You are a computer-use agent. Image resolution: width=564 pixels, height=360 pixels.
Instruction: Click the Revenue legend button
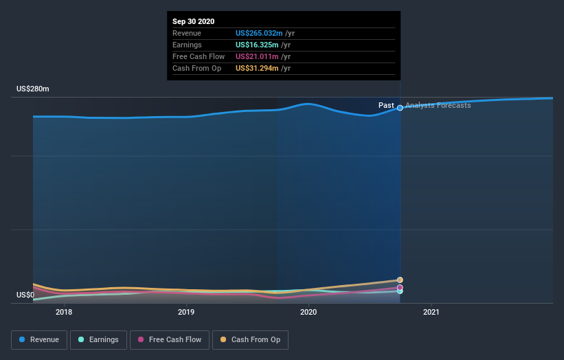click(40, 339)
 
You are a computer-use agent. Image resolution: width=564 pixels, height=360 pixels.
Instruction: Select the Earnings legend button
click(99, 339)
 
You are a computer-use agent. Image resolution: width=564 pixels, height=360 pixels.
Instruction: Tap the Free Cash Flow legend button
click(169, 339)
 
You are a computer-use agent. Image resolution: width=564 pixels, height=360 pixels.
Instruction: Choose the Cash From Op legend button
click(251, 339)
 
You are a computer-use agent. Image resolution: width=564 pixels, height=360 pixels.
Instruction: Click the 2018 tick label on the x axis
click(64, 312)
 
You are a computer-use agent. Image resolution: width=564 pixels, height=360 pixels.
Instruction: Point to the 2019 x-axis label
click(186, 312)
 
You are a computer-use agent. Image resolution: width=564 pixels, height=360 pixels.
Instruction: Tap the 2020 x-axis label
click(308, 312)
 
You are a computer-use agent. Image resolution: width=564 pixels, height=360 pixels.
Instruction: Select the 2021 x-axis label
click(431, 312)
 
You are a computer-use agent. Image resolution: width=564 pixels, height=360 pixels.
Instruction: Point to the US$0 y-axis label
click(26, 295)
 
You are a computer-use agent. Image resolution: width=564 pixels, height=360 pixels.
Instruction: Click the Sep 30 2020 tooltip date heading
click(193, 21)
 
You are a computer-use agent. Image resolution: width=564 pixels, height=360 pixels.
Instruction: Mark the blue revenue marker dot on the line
click(400, 108)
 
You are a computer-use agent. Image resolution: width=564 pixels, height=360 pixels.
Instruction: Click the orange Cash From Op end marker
click(400, 280)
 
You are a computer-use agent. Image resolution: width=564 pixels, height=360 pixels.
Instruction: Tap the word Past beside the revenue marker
click(386, 105)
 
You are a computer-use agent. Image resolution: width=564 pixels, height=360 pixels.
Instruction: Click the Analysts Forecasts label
click(438, 105)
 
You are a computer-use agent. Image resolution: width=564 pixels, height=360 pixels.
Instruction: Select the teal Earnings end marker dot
click(400, 291)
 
